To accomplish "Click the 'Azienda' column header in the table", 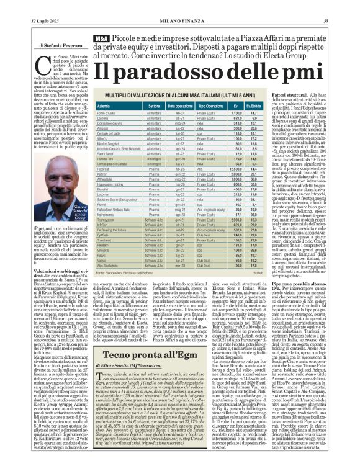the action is (x=106, y=107).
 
